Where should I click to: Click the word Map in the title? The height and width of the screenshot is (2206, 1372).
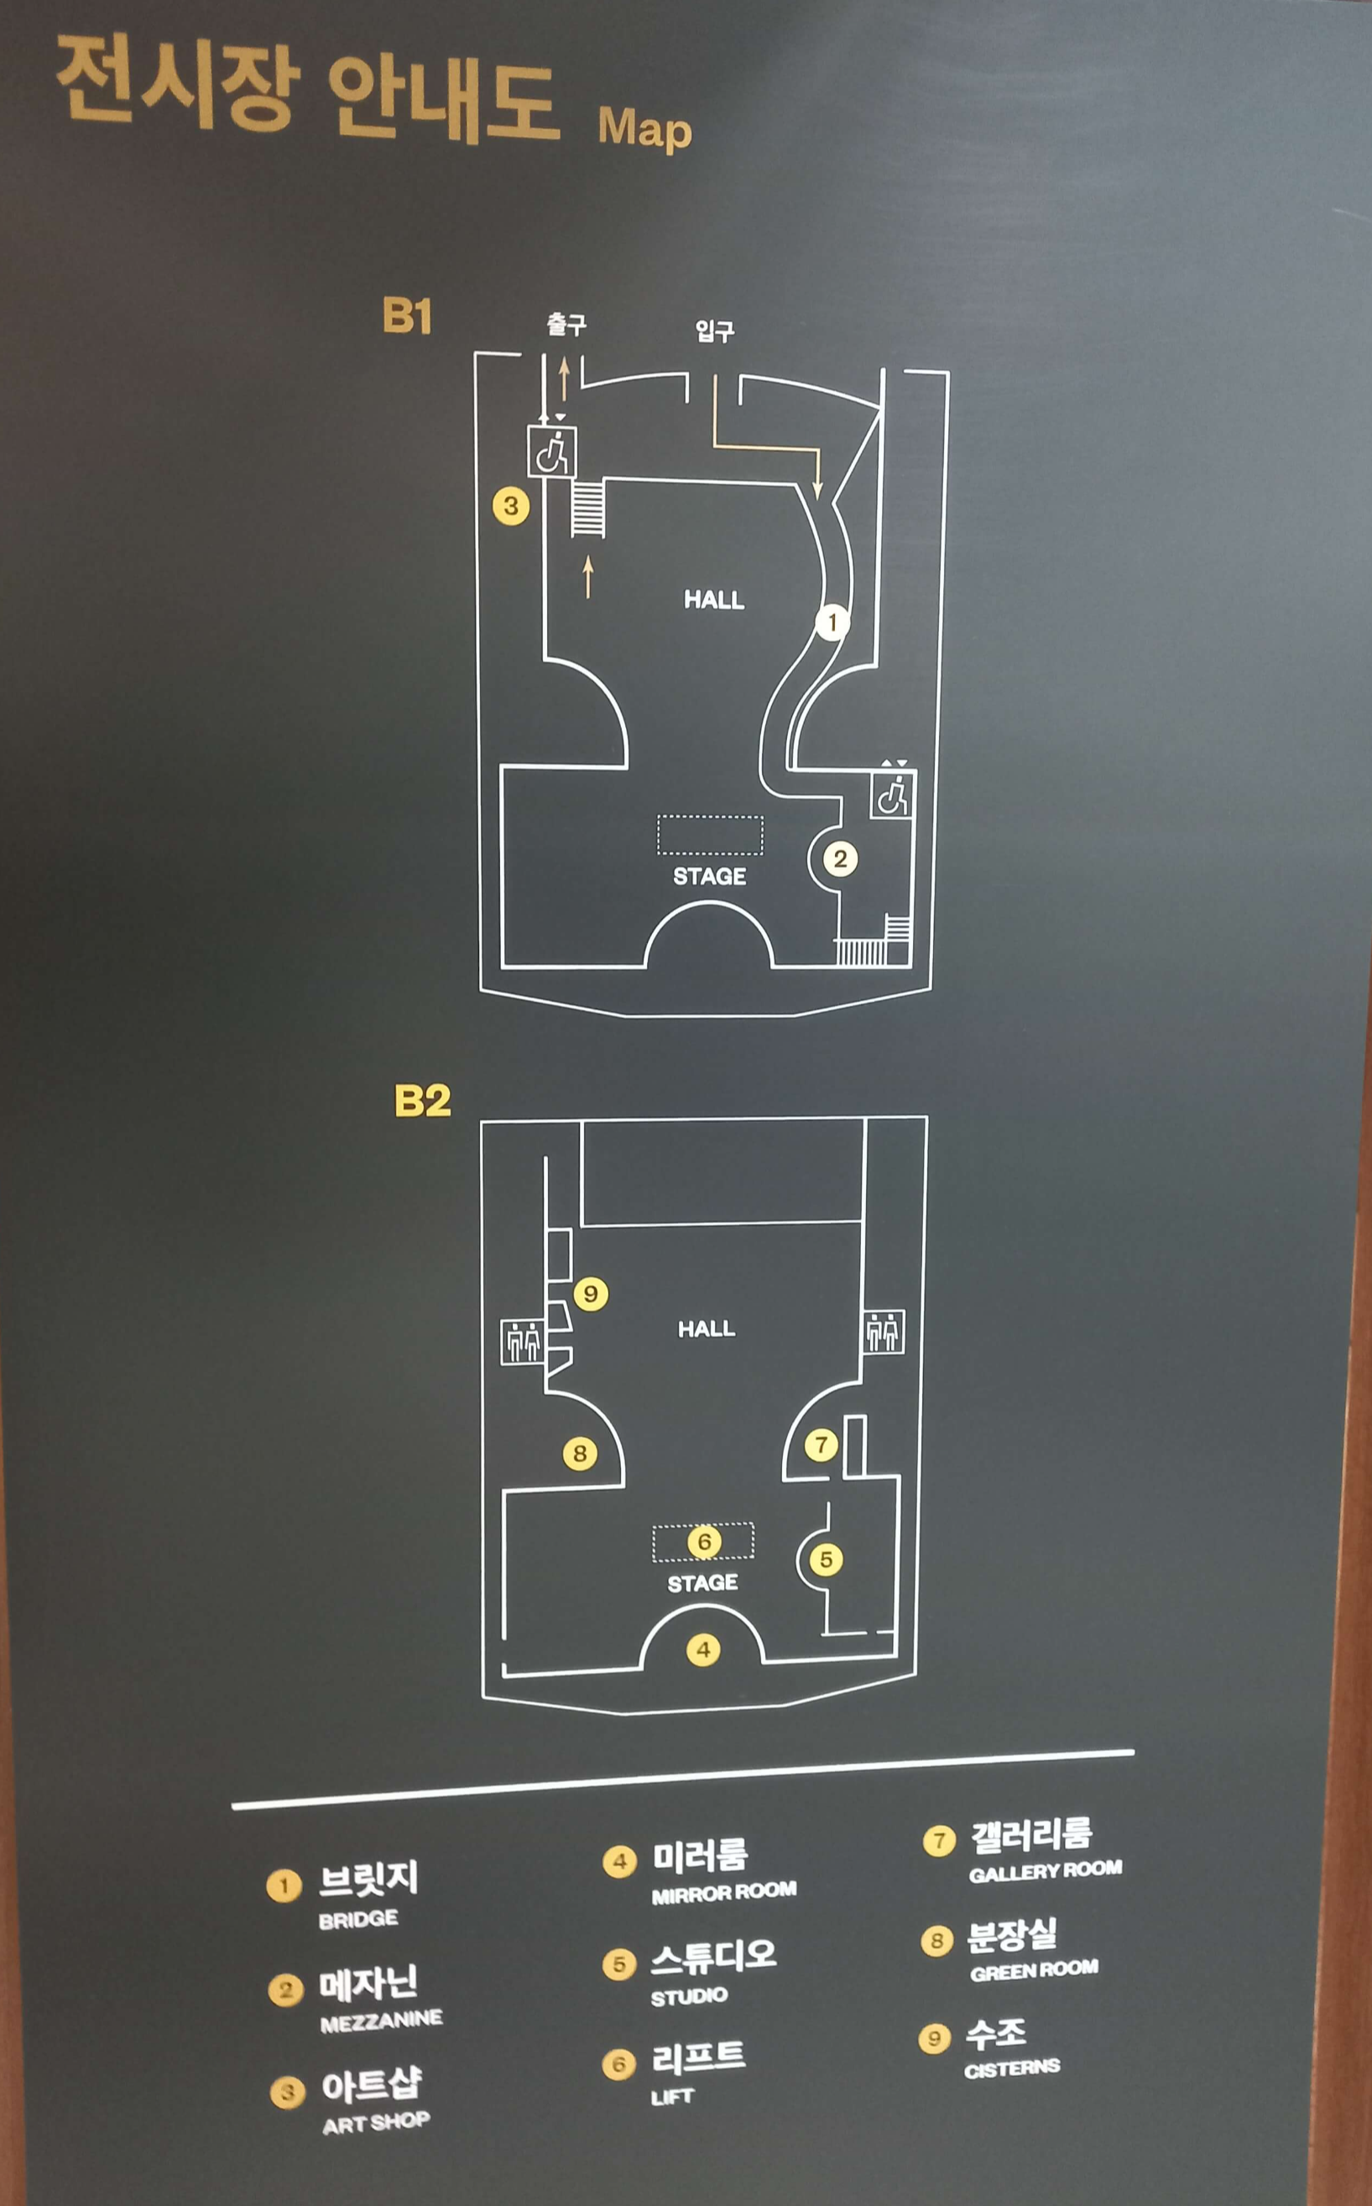tap(644, 129)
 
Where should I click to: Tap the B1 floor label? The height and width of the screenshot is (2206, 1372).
tap(406, 316)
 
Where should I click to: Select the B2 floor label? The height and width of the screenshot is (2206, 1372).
tap(422, 1101)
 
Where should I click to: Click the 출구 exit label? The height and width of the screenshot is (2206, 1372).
tap(566, 325)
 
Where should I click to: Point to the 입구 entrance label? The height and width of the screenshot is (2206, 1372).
tap(715, 330)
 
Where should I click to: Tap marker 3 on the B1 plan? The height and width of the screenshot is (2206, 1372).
tap(511, 505)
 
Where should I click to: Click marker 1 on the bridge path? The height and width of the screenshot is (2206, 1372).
tap(832, 623)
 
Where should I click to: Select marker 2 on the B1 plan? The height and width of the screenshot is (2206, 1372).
tap(840, 859)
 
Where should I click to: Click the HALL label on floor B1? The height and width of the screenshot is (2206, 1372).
tap(714, 599)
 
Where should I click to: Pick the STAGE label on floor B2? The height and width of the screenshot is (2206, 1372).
tap(702, 1583)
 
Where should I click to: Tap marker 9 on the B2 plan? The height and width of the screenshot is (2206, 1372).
tap(590, 1293)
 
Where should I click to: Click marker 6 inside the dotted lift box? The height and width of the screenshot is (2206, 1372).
tap(704, 1542)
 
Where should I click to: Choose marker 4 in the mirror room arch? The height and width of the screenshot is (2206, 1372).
tap(703, 1649)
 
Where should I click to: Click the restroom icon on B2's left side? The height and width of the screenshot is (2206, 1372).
tap(522, 1342)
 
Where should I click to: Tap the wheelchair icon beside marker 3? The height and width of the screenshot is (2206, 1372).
tap(551, 451)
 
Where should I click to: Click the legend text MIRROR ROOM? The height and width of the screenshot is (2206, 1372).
tap(723, 1891)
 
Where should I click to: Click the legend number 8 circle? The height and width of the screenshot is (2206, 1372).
tap(936, 1940)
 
